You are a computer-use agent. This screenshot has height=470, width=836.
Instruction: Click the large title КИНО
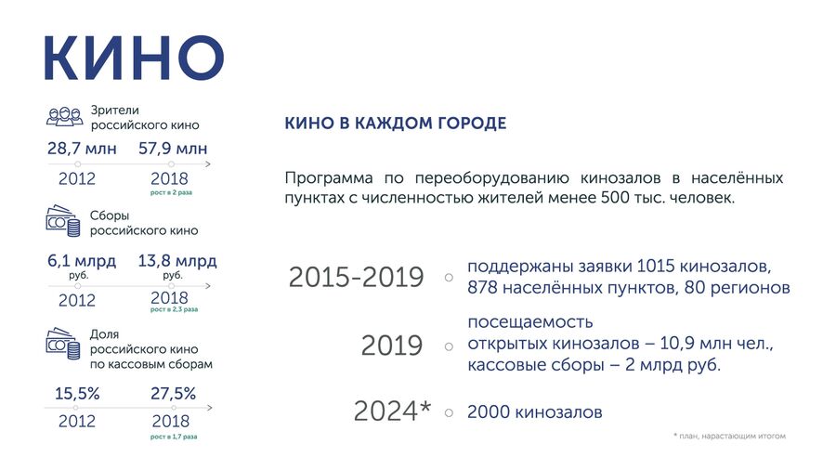[134, 59]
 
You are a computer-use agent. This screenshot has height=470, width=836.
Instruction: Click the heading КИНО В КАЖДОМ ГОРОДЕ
[395, 124]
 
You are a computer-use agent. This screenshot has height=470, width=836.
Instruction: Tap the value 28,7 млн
[82, 148]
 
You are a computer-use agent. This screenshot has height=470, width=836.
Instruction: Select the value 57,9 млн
[173, 148]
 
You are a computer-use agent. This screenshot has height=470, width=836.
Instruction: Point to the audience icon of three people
[64, 117]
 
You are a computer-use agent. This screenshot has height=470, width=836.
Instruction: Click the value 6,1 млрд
[82, 261]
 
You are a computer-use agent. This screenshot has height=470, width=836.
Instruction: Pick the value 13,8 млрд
[177, 261]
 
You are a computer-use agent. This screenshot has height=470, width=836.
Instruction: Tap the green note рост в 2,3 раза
[174, 309]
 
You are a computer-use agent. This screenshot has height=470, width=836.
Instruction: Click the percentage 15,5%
[77, 394]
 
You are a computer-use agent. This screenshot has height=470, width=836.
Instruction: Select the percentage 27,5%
[174, 394]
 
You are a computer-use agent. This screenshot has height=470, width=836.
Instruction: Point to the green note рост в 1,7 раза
[174, 437]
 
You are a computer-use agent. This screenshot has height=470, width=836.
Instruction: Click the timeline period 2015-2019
[356, 277]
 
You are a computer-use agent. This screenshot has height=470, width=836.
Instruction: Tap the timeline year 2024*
[392, 411]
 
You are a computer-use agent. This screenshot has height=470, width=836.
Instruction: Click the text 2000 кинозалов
[535, 411]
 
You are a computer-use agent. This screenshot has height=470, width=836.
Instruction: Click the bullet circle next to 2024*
[449, 412]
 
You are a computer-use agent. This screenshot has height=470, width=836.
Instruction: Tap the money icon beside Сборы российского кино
[63, 221]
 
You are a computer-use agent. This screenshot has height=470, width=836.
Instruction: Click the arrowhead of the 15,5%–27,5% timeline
[210, 408]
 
